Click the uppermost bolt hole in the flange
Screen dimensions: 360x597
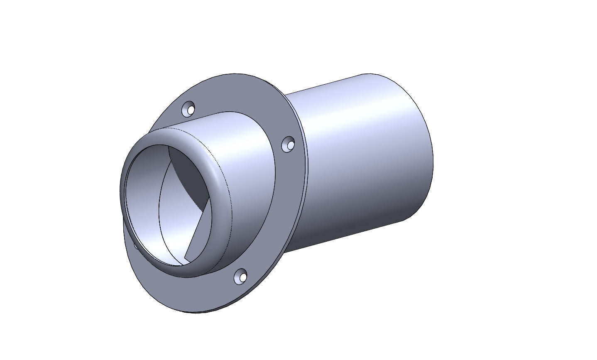190,110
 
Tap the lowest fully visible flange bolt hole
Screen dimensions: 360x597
241,276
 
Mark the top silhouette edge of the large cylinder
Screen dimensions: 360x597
332,83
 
